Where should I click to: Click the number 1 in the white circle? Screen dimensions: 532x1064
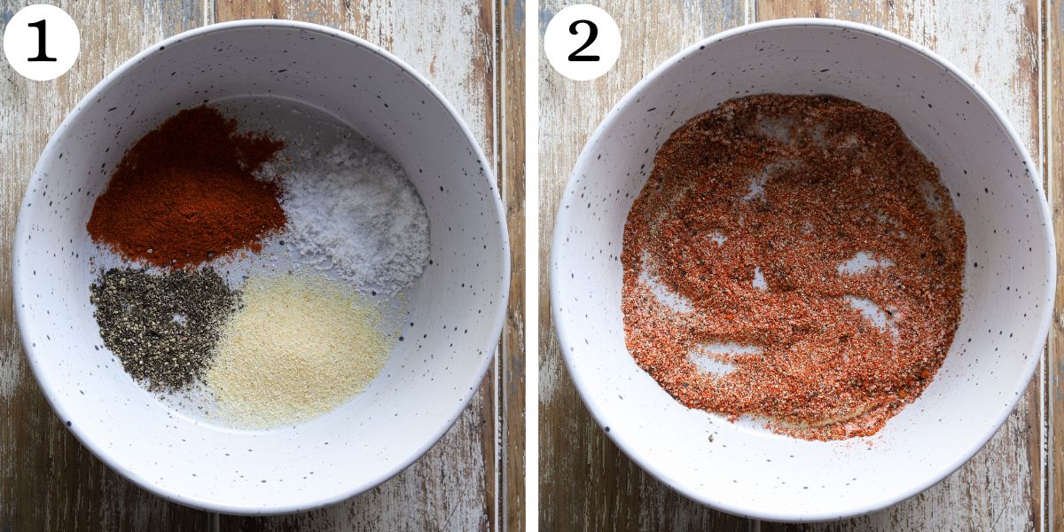(41, 42)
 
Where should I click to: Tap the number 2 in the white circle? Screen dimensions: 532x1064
(582, 42)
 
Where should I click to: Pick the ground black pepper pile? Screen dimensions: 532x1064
(160, 324)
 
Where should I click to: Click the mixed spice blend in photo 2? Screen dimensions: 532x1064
(789, 266)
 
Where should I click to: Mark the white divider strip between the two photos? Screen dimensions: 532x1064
(531, 266)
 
